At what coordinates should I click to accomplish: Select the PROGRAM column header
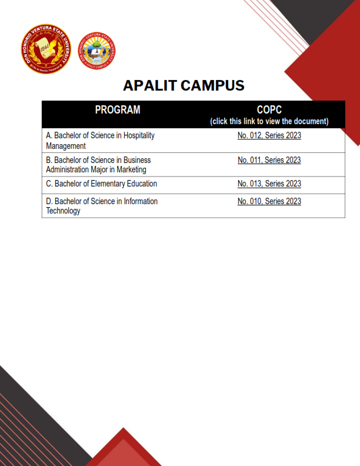tap(118, 110)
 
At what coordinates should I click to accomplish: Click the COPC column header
tap(269, 110)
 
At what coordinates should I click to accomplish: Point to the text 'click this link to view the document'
tap(269, 121)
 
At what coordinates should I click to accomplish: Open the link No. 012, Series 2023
tap(269, 136)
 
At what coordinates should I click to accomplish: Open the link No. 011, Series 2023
tap(269, 160)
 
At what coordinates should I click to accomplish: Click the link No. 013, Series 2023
tap(269, 184)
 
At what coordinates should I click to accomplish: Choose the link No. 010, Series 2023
tap(269, 201)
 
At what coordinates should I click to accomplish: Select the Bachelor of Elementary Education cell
tap(101, 184)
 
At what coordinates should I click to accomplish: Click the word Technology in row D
tap(63, 211)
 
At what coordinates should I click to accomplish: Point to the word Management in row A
tap(66, 146)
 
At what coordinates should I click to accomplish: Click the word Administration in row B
tap(68, 170)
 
